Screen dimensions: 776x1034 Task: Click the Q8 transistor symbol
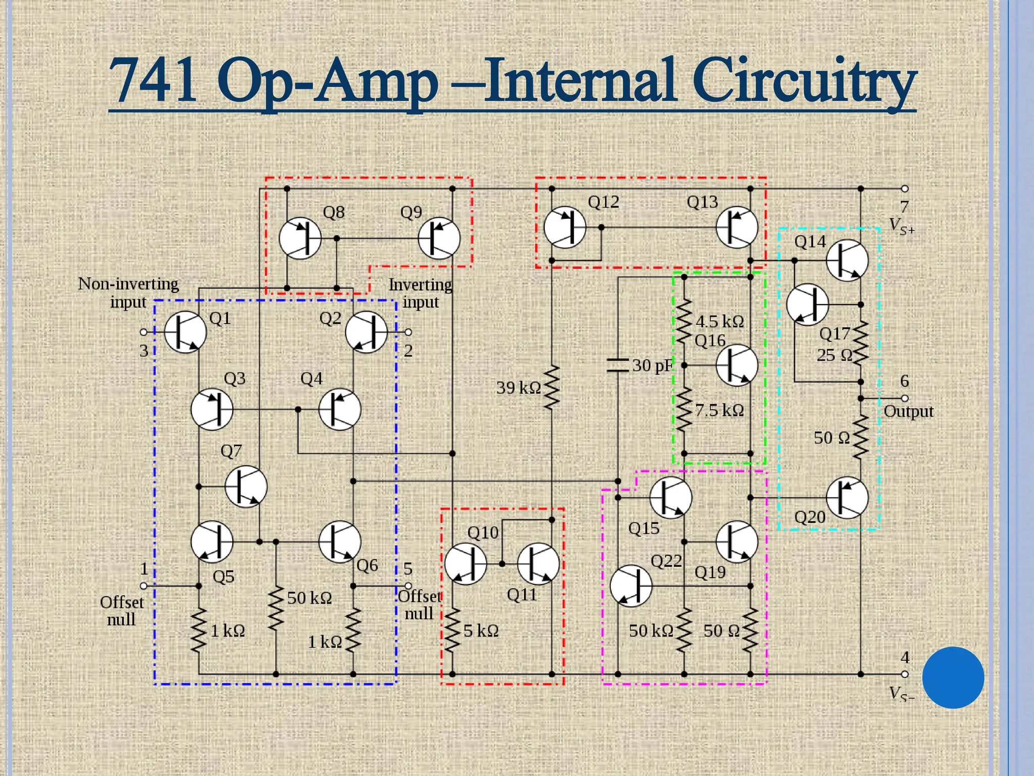pyautogui.click(x=300, y=238)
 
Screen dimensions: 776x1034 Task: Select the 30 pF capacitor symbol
pyautogui.click(x=617, y=365)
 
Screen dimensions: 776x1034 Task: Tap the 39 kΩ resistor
pyautogui.click(x=552, y=388)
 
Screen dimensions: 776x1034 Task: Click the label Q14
pyautogui.click(x=810, y=242)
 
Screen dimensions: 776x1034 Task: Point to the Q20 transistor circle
pyautogui.click(x=847, y=498)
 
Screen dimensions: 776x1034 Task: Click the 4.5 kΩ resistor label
pyautogui.click(x=719, y=321)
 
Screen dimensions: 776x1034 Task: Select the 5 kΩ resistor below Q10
pyautogui.click(x=452, y=629)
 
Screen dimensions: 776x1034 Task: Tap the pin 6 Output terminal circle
pyautogui.click(x=905, y=398)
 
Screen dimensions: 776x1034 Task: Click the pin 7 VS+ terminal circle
pyautogui.click(x=905, y=188)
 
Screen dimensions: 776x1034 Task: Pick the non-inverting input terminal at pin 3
pyautogui.click(x=144, y=332)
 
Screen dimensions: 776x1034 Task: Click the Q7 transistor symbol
pyautogui.click(x=246, y=487)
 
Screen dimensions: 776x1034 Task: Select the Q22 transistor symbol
pyautogui.click(x=631, y=586)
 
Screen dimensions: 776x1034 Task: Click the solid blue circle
pyautogui.click(x=953, y=677)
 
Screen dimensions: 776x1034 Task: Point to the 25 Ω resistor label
pyautogui.click(x=834, y=355)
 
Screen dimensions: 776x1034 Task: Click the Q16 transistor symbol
pyautogui.click(x=737, y=365)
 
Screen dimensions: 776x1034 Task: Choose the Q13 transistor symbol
pyautogui.click(x=737, y=227)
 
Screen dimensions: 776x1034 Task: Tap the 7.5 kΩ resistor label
pyautogui.click(x=719, y=410)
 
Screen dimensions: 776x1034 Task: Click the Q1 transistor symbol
pyautogui.click(x=185, y=332)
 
